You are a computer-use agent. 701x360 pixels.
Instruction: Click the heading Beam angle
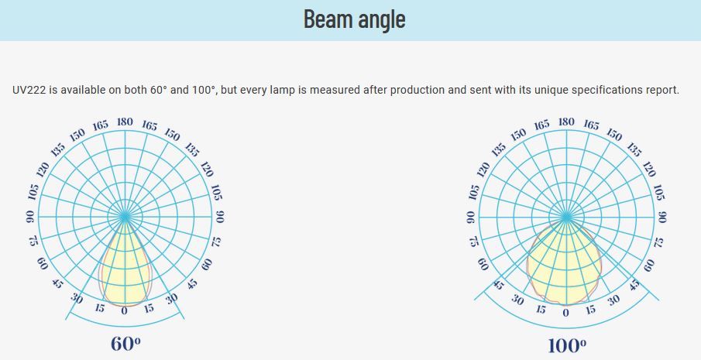point(355,19)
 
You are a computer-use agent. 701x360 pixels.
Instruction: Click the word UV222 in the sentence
point(29,90)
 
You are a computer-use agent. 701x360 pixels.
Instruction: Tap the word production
point(418,91)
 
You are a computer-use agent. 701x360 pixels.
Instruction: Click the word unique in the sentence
point(551,91)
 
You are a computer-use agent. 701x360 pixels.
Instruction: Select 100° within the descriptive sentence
point(204,90)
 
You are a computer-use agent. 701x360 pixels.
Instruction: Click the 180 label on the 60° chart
point(125,122)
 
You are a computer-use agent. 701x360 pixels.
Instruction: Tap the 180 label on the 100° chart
point(566,122)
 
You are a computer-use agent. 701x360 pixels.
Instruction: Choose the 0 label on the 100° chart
point(566,313)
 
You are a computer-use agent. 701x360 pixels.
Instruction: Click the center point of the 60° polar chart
point(125,217)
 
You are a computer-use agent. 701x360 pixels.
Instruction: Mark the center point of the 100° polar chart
point(566,217)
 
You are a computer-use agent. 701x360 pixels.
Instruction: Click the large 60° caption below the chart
point(125,344)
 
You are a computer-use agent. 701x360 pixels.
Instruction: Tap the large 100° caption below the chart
point(567,346)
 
